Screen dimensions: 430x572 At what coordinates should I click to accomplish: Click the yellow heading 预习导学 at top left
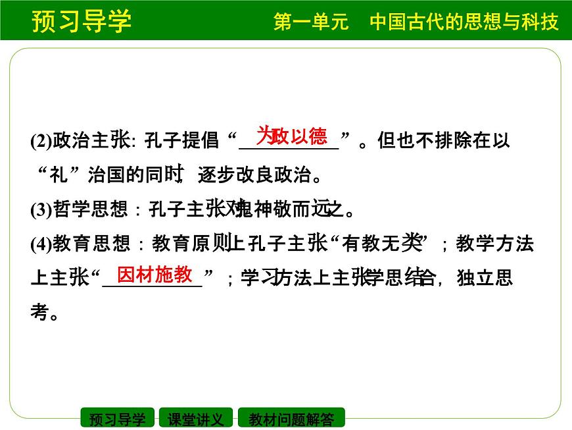coord(81,20)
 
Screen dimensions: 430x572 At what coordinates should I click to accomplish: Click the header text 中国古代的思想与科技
coord(464,22)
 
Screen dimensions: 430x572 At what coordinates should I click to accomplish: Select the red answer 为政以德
coord(291,136)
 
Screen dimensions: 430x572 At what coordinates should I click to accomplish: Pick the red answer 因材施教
coord(155,274)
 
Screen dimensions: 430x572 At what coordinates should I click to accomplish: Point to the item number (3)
coord(41,211)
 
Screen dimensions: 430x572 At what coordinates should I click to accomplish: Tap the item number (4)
coord(41,245)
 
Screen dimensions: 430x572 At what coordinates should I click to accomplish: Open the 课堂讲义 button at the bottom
coord(196,419)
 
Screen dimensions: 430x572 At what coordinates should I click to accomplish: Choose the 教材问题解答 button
coord(291,419)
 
